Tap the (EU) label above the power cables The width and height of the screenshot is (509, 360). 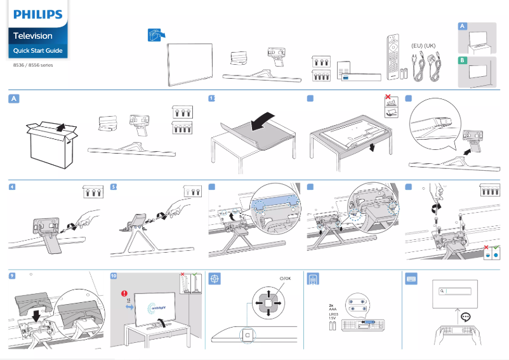pyautogui.click(x=417, y=46)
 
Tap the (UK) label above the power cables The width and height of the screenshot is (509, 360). pyautogui.click(x=430, y=46)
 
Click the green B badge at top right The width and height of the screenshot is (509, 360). pyautogui.click(x=463, y=60)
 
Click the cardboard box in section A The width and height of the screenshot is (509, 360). pyautogui.click(x=52, y=143)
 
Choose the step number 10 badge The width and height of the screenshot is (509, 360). pyautogui.click(x=114, y=276)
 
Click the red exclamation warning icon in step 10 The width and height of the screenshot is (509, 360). pyautogui.click(x=125, y=293)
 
